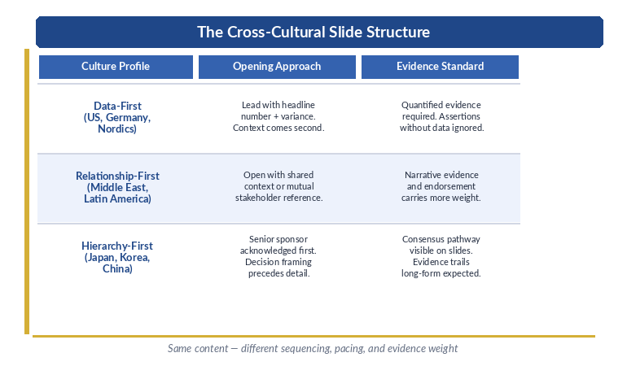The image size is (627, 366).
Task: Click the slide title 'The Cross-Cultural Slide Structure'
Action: pyautogui.click(x=313, y=32)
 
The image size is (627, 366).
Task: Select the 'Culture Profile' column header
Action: pyautogui.click(x=116, y=67)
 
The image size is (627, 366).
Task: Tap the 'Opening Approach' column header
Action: pyautogui.click(x=277, y=67)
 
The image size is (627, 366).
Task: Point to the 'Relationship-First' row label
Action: pyautogui.click(x=117, y=176)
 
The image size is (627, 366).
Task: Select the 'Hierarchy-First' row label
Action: pyautogui.click(x=117, y=246)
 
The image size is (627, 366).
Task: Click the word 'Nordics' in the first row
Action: pyautogui.click(x=117, y=129)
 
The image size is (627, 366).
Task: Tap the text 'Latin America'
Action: pyautogui.click(x=117, y=198)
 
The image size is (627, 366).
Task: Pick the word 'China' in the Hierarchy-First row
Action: pyautogui.click(x=117, y=268)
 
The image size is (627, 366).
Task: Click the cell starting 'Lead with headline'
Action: pyautogui.click(x=278, y=116)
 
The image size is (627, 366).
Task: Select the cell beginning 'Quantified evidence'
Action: pyautogui.click(x=441, y=116)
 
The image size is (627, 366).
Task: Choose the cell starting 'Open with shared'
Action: pyautogui.click(x=278, y=186)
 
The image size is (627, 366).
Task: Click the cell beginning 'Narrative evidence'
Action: pyautogui.click(x=441, y=186)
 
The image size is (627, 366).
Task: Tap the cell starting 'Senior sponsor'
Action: pyautogui.click(x=278, y=256)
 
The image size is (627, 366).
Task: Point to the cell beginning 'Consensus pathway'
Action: pyautogui.click(x=441, y=256)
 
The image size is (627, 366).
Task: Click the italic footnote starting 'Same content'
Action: pyautogui.click(x=313, y=348)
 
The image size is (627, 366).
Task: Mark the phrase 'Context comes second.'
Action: pyautogui.click(x=278, y=129)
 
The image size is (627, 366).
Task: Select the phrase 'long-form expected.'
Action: pyautogui.click(x=441, y=274)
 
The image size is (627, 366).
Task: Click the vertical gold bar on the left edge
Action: pyautogui.click(x=27, y=192)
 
